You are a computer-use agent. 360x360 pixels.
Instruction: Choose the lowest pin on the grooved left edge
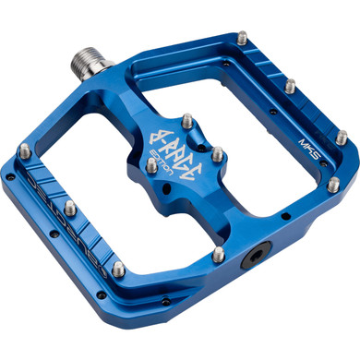pos(118,270)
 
